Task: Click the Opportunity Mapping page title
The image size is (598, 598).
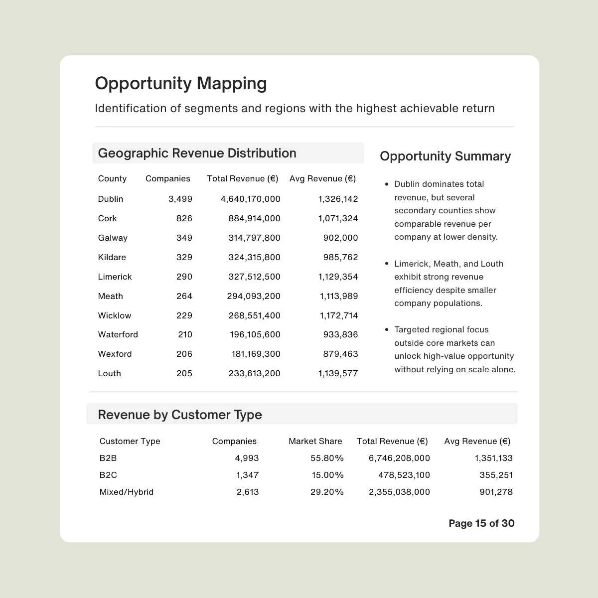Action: (181, 83)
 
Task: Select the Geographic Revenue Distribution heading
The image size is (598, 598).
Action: (197, 153)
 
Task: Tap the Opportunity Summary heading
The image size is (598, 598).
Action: (445, 156)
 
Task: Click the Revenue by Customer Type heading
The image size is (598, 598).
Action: (179, 415)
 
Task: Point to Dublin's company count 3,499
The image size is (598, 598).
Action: (180, 199)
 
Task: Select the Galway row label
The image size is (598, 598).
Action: (113, 238)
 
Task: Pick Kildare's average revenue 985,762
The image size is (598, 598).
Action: (340, 257)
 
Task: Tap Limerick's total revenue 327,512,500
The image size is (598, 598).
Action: (254, 277)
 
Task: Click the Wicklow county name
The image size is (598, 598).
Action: (115, 315)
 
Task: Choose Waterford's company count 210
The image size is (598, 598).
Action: (185, 334)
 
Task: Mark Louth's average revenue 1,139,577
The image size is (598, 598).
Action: (338, 373)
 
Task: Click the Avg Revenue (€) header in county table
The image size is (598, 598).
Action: (322, 178)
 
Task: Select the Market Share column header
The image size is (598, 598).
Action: (315, 441)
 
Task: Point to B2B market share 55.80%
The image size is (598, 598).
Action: (327, 458)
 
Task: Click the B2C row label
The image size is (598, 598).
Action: (108, 475)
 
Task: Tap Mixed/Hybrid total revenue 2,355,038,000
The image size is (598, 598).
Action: (399, 492)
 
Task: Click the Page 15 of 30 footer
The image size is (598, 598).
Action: (481, 523)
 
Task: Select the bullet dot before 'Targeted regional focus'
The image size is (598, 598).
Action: (386, 330)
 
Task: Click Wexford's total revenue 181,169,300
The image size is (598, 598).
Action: (256, 354)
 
